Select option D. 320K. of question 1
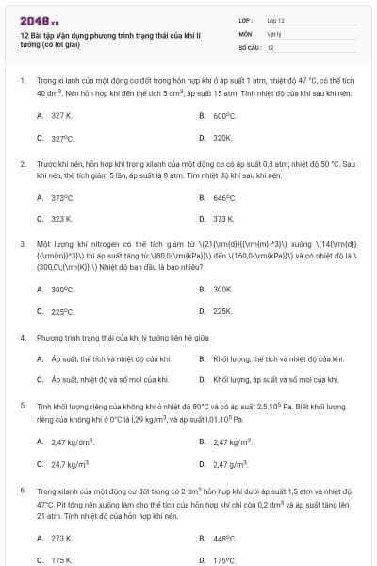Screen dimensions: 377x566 click(222, 138)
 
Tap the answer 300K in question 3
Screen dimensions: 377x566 click(222, 290)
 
